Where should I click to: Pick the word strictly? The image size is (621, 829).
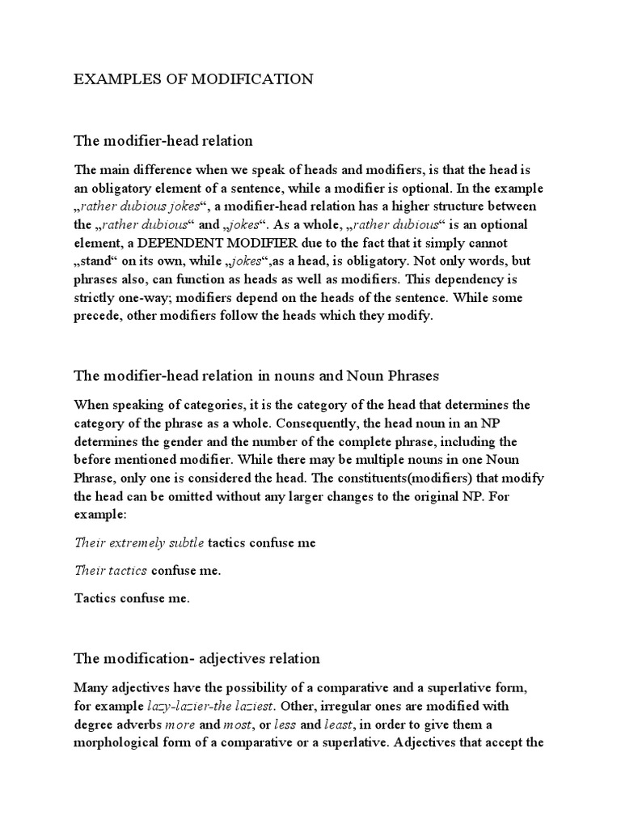click(x=95, y=299)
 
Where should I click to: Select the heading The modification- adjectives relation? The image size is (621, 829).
click(x=197, y=658)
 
